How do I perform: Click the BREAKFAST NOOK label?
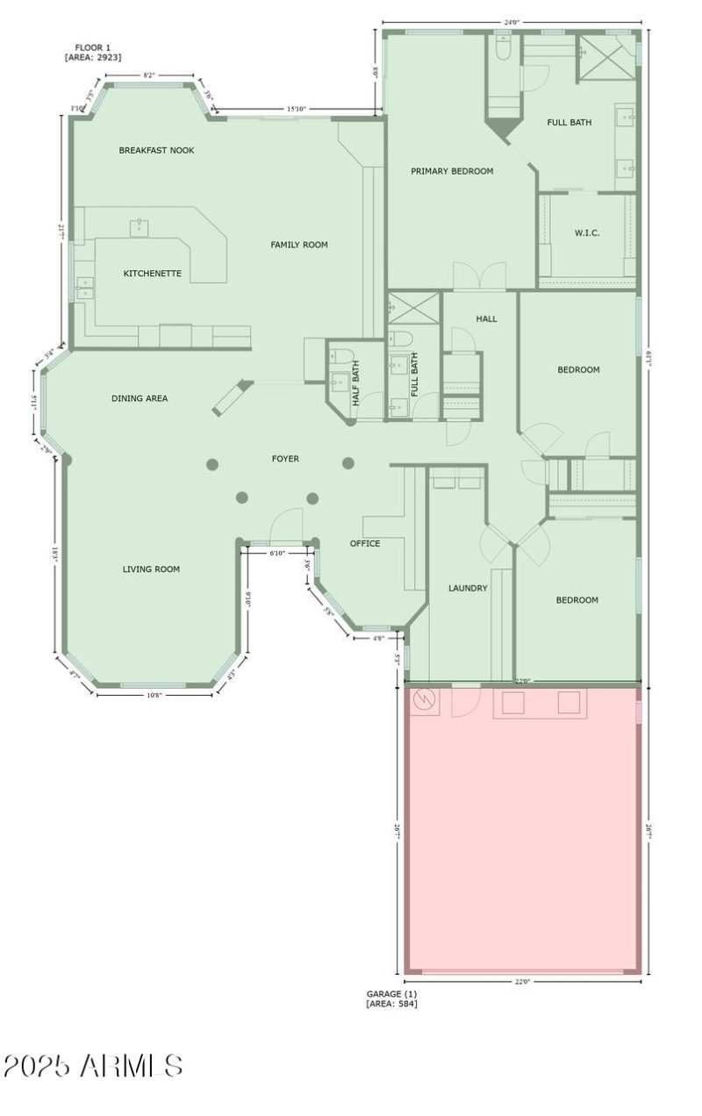pyautogui.click(x=156, y=150)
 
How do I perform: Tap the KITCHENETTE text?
pyautogui.click(x=152, y=274)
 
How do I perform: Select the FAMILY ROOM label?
pyautogui.click(x=298, y=245)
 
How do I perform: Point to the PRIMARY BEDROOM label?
pyautogui.click(x=452, y=171)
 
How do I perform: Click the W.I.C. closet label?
pyautogui.click(x=587, y=232)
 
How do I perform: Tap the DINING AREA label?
pyautogui.click(x=140, y=398)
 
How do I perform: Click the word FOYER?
pyautogui.click(x=285, y=459)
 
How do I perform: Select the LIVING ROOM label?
pyautogui.click(x=151, y=569)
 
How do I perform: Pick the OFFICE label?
pyautogui.click(x=365, y=544)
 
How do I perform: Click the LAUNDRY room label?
pyautogui.click(x=468, y=588)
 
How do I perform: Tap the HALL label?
pyautogui.click(x=486, y=318)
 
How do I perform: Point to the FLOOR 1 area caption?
pyautogui.click(x=92, y=53)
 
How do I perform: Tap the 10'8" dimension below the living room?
pyautogui.click(x=154, y=695)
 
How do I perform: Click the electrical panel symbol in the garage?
pyautogui.click(x=425, y=701)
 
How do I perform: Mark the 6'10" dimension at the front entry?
pyautogui.click(x=276, y=554)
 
